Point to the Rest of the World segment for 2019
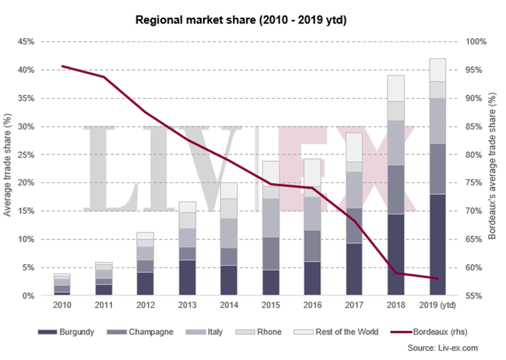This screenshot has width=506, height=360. pos(437,69)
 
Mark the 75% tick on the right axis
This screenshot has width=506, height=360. pos(475,182)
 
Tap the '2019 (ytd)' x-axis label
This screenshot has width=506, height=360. pos(438,307)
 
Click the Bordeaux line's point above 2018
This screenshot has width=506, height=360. pos(396,273)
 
